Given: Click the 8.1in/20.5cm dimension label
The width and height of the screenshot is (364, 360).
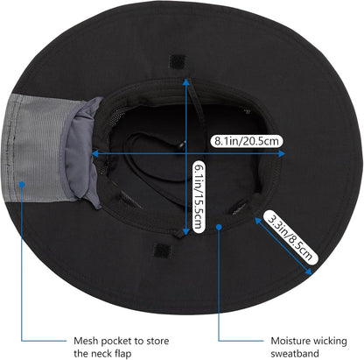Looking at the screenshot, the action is pyautogui.click(x=247, y=141).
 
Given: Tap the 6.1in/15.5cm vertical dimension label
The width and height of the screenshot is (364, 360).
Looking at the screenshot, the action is pyautogui.click(x=199, y=196).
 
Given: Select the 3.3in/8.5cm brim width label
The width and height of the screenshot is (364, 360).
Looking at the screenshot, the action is pyautogui.click(x=290, y=237).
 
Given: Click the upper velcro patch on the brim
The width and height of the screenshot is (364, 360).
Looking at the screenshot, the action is pyautogui.click(x=178, y=61).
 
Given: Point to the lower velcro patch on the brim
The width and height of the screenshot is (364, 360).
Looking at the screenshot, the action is pyautogui.click(x=163, y=251).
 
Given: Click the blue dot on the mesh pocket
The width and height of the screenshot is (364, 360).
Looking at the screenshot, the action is pyautogui.click(x=22, y=184).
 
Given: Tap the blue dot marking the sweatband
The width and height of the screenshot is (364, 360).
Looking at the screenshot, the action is pyautogui.click(x=219, y=226).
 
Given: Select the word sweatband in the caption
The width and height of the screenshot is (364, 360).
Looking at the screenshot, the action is pyautogui.click(x=295, y=354).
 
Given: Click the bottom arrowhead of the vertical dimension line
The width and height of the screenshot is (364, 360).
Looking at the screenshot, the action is pyautogui.click(x=185, y=232).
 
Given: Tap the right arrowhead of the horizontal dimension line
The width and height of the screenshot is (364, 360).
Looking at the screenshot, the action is pyautogui.click(x=282, y=153).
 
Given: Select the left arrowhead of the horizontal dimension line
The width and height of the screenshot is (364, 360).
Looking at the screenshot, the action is pyautogui.click(x=94, y=153).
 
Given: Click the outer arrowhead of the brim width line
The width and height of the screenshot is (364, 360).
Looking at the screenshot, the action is pyautogui.click(x=309, y=272).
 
